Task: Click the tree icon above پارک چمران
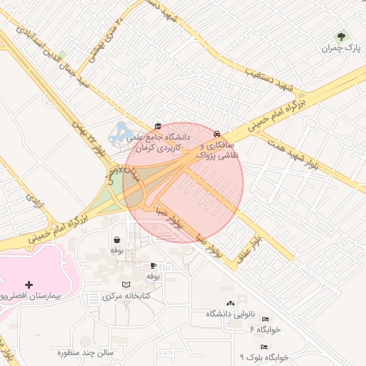pyautogui.click(x=341, y=36)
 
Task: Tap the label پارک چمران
pyautogui.click(x=340, y=49)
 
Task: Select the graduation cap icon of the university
pyautogui.click(x=157, y=126)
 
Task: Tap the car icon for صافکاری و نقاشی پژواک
pyautogui.click(x=217, y=133)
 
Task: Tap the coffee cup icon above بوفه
pyautogui.click(x=152, y=265)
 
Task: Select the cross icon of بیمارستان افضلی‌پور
pyautogui.click(x=29, y=284)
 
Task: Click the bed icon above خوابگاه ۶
pyautogui.click(x=265, y=319)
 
